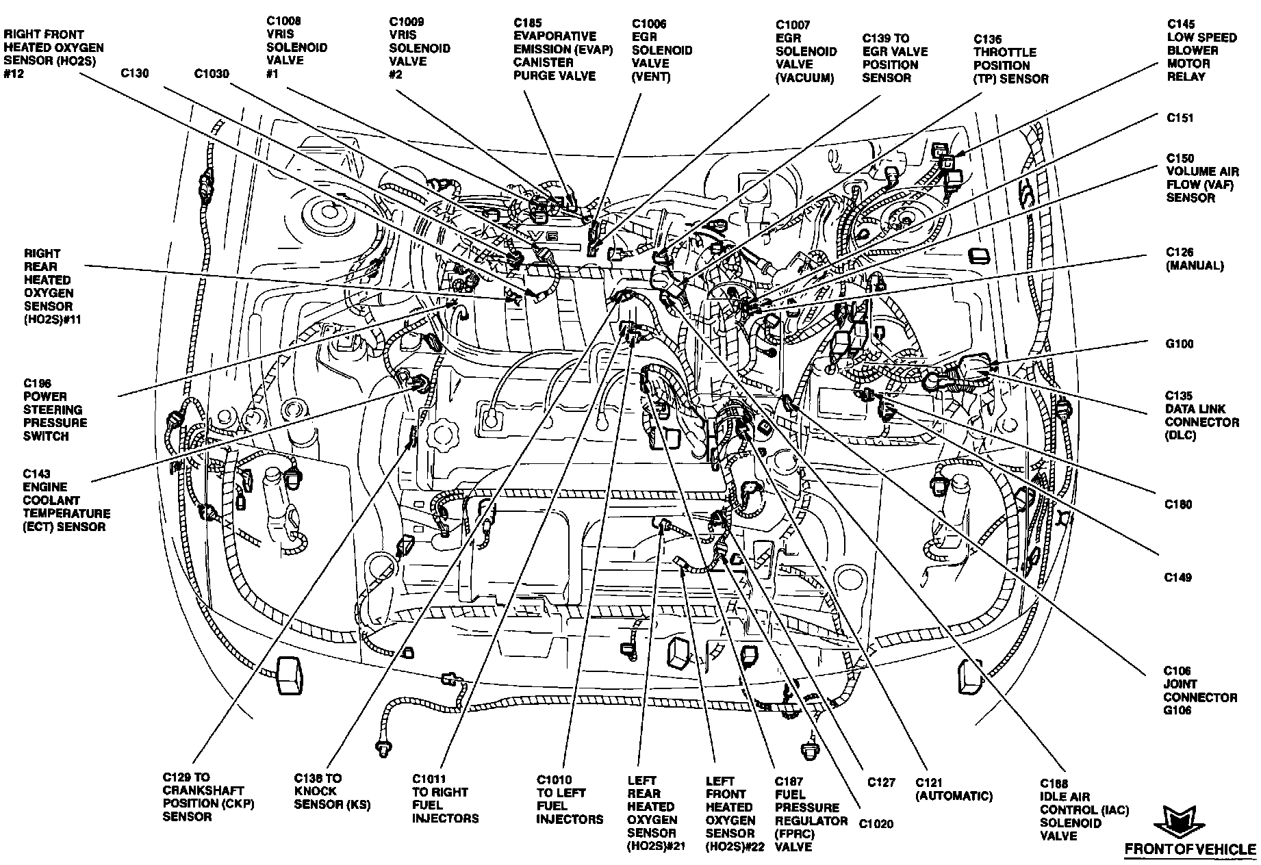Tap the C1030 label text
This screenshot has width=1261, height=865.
coord(212,73)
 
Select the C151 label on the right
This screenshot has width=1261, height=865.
coord(1180,118)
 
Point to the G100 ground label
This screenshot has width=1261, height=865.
coord(1180,344)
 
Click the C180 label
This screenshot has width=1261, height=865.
coord(1179,504)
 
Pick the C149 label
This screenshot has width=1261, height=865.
coord(1178,578)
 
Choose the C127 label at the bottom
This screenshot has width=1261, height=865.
coord(881,783)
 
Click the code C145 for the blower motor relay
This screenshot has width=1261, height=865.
coord(1182,23)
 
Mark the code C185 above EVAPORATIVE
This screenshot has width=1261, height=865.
coord(528,23)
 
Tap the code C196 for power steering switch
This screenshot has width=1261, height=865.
coord(37,383)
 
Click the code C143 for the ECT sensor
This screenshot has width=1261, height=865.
coord(37,474)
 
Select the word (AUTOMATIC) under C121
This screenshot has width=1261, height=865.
coord(954,796)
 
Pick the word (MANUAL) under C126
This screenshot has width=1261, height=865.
coord(1195,266)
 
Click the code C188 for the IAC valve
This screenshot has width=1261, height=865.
coord(1054,784)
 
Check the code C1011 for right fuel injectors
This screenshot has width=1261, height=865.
coord(429,779)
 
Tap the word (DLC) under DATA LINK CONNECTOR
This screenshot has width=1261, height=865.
coord(1181,435)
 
